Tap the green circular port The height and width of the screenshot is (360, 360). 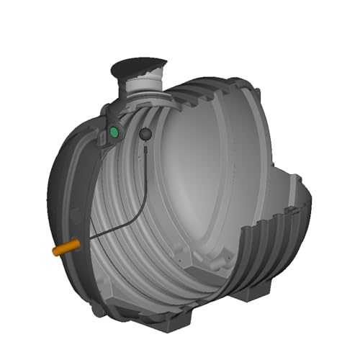tap(114, 132)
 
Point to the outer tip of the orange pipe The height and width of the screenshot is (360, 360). tap(53, 252)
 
